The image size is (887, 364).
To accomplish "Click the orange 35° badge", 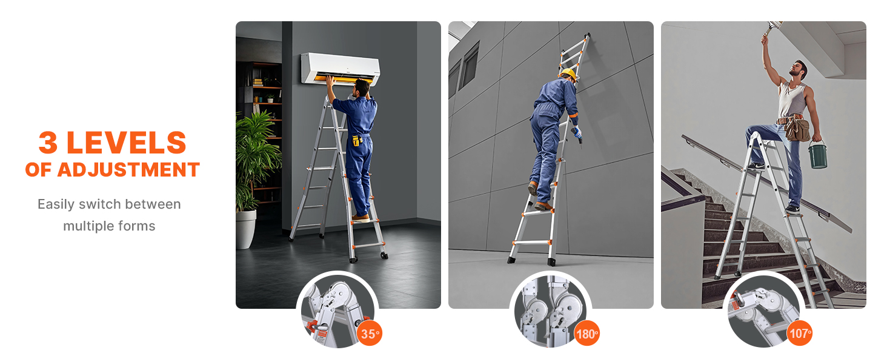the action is (x=370, y=333).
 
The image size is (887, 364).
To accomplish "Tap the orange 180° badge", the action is (x=586, y=334).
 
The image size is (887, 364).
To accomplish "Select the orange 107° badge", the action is (x=800, y=332).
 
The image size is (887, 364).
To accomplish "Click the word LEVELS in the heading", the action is (x=126, y=143).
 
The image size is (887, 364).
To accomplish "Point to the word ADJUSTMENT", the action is (x=128, y=170).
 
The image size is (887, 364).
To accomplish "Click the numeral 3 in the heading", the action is (x=48, y=143).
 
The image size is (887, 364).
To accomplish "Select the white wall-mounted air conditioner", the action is (x=341, y=69).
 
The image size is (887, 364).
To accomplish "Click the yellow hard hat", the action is (x=569, y=74).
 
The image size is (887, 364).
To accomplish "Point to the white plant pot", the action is (x=245, y=229).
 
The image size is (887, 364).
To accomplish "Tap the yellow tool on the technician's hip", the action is (x=357, y=140).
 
